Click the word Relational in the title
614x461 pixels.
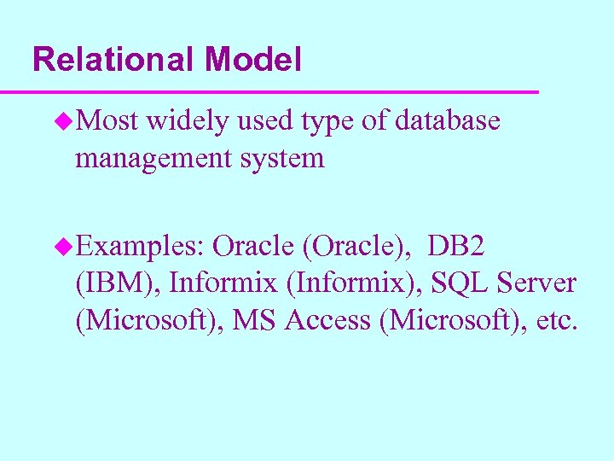[113, 60]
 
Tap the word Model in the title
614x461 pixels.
[252, 60]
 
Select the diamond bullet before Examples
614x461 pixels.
[65, 248]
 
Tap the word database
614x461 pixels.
[448, 122]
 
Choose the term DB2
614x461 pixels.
[457, 247]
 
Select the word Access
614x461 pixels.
[333, 320]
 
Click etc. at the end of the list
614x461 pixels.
[555, 320]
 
